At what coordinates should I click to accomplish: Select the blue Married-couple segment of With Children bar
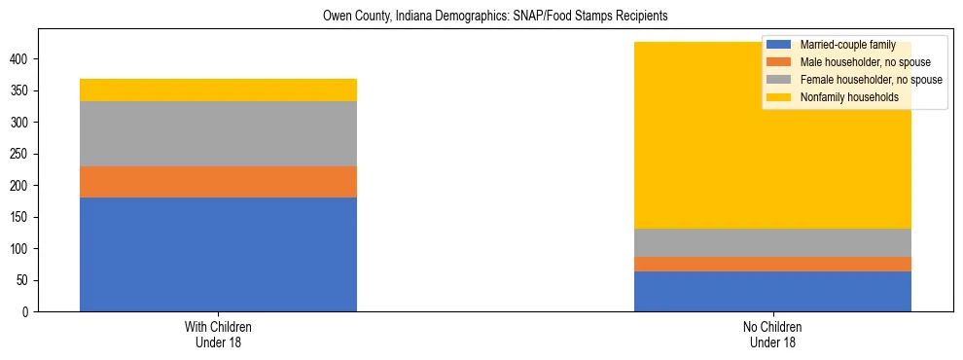click(218, 254)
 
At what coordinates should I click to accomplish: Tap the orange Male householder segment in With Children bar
click(218, 182)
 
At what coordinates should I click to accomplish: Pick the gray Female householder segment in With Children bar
click(218, 133)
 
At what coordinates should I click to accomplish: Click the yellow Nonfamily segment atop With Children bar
click(218, 90)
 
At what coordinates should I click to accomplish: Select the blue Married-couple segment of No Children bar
click(772, 291)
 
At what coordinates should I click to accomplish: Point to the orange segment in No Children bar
click(772, 264)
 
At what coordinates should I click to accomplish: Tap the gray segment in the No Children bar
click(772, 242)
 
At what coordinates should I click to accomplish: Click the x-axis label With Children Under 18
click(218, 335)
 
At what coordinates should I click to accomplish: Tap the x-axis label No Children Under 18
click(772, 335)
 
